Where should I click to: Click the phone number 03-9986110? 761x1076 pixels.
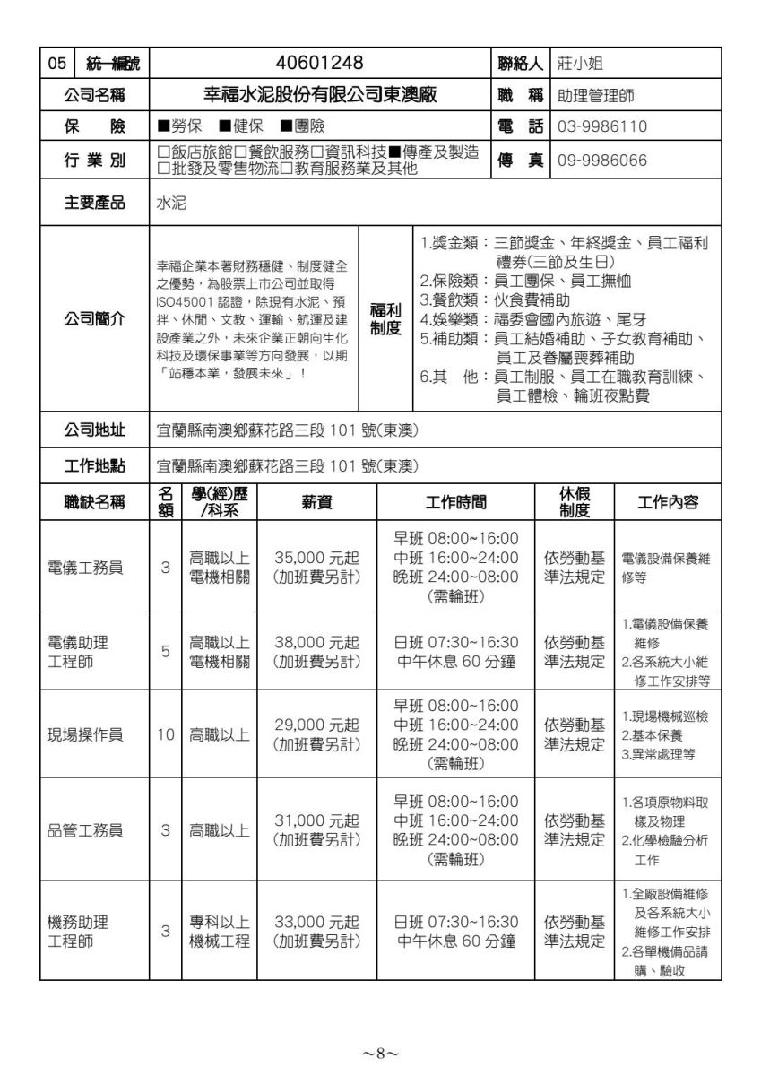pyautogui.click(x=601, y=126)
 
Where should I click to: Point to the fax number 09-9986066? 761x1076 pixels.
pyautogui.click(x=601, y=161)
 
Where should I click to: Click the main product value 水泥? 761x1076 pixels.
pyautogui.click(x=171, y=203)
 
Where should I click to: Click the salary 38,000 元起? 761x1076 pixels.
pyautogui.click(x=316, y=643)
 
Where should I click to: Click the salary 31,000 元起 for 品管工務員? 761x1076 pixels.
pyautogui.click(x=316, y=820)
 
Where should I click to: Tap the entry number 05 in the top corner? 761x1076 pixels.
pyautogui.click(x=57, y=63)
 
